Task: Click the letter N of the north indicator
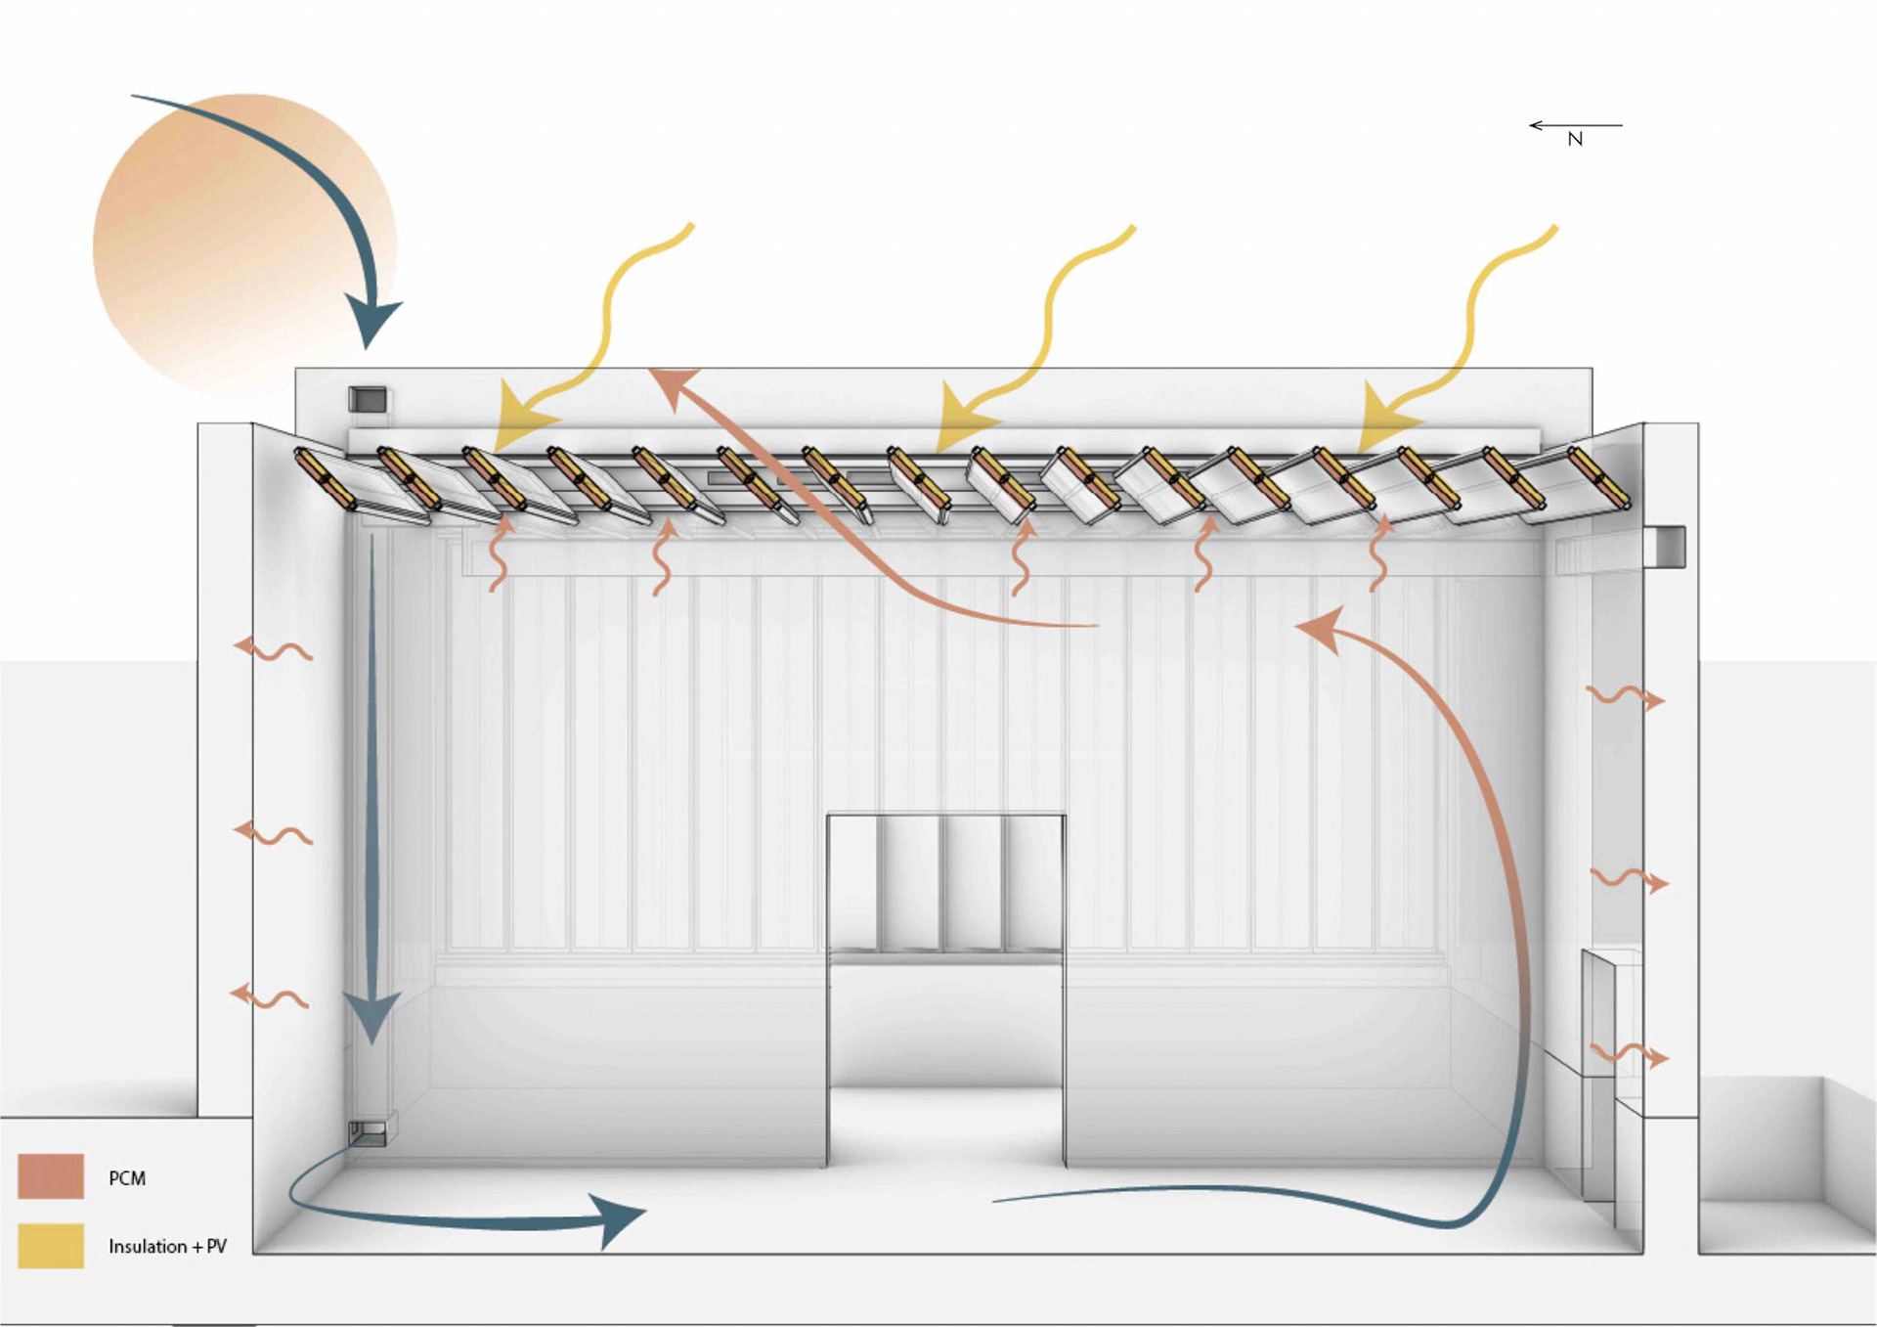click(1575, 140)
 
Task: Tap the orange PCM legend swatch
click(51, 1176)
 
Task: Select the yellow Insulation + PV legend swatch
click(51, 1246)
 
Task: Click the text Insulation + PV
click(167, 1247)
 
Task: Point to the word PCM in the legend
click(127, 1178)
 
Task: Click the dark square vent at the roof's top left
click(368, 399)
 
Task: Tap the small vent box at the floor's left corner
click(368, 1133)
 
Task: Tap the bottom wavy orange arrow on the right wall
click(1628, 1054)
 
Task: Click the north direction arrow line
click(1576, 125)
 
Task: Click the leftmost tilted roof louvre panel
click(327, 478)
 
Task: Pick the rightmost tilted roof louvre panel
click(1599, 478)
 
